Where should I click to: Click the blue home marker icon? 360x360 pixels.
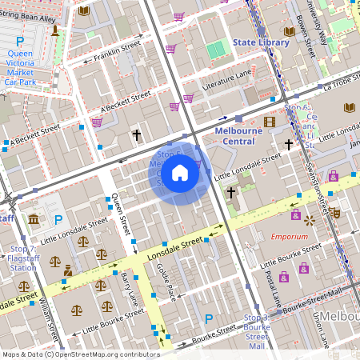tap(180, 172)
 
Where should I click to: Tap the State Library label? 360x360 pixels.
tap(258, 42)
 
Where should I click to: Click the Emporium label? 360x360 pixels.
tap(289, 237)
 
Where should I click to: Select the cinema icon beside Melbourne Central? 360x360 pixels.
tap(269, 122)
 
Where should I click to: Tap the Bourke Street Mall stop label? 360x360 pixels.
tap(254, 332)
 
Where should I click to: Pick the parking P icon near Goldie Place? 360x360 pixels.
tap(209, 319)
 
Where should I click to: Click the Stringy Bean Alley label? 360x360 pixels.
tap(32, 8)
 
